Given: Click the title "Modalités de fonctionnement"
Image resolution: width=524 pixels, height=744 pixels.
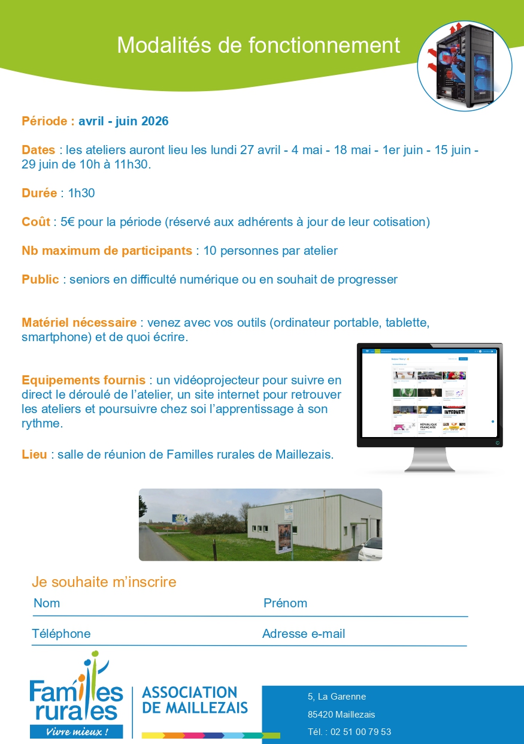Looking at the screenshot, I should (258, 45).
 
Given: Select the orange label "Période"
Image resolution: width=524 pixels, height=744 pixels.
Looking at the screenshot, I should (48, 121).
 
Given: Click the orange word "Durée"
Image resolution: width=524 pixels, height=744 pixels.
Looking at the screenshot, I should (39, 193).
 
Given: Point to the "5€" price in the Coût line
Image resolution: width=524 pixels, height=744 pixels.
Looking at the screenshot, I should (67, 222).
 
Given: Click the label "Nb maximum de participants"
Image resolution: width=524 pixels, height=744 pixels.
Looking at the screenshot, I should (107, 251).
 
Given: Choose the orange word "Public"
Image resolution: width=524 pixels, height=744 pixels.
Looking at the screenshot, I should (40, 279).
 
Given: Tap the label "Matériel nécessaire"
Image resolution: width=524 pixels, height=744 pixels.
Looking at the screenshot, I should (79, 323).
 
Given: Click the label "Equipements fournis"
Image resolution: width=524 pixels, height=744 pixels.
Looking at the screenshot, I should (83, 380).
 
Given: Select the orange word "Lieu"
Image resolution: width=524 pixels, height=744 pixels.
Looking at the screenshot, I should (34, 454).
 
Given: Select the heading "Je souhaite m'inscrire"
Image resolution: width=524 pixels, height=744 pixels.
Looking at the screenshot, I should (104, 582).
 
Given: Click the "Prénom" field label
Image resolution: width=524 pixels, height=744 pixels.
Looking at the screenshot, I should (285, 603).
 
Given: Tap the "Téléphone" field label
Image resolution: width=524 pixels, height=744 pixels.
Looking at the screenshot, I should (61, 634).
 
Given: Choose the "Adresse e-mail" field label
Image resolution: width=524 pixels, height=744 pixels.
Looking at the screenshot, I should (304, 634).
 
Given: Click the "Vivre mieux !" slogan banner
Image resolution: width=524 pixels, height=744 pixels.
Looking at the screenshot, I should (77, 732).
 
